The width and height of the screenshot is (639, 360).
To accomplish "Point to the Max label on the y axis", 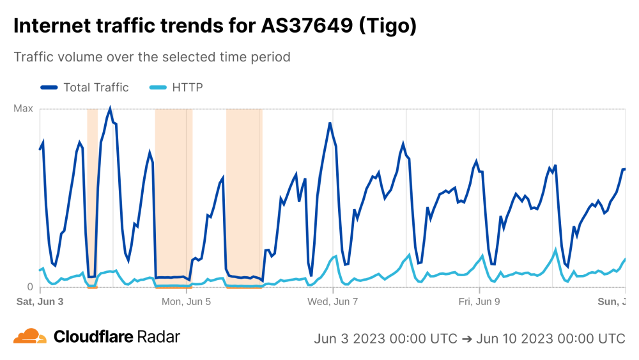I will [x=24, y=109].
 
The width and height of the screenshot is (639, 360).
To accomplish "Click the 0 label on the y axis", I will [x=29, y=286].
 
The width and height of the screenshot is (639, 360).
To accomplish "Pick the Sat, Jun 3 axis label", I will [x=40, y=301].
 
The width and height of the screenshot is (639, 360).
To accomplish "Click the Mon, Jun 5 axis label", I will [x=186, y=301].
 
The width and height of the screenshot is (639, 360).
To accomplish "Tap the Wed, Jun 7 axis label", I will [x=333, y=301].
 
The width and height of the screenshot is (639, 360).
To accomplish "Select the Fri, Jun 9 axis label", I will [x=479, y=301].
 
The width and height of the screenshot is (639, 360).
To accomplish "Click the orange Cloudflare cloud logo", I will [x=30, y=336].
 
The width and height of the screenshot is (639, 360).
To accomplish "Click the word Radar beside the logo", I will [x=159, y=337].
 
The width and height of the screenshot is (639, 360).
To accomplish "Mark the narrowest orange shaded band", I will [x=92, y=192].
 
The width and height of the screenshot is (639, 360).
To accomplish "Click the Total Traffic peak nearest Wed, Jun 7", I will [x=330, y=123].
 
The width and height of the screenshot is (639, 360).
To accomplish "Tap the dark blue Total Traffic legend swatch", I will [x=49, y=88].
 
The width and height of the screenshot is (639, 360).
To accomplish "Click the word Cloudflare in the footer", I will [x=93, y=337].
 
